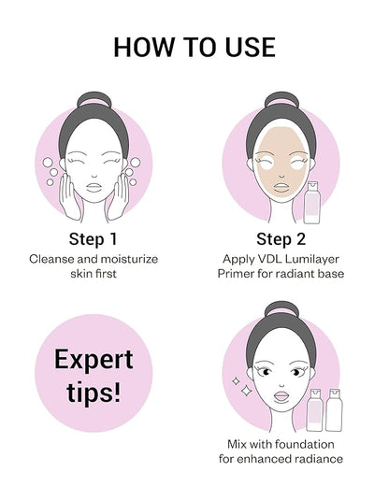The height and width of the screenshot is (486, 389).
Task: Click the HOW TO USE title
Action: coord(194,47)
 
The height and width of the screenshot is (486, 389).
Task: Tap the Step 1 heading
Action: coord(94,239)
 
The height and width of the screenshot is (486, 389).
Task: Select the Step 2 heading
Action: coord(281,239)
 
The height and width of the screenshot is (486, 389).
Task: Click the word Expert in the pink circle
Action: coord(94,360)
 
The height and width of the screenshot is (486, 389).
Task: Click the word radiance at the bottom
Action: coord(316,459)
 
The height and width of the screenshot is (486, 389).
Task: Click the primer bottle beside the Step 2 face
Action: coord(311,203)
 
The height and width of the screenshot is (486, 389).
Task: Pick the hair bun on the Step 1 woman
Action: coord(94,99)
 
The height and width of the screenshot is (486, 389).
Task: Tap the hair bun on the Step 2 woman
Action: coord(281,99)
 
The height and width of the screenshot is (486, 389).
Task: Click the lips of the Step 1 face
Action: coord(94,187)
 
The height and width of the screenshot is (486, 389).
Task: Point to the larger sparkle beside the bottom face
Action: coord(246,391)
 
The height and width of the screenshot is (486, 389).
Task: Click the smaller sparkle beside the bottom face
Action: coord(236,380)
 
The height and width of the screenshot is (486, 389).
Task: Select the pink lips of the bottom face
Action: coord(281,396)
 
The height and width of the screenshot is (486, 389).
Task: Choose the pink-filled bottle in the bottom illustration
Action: coord(314,410)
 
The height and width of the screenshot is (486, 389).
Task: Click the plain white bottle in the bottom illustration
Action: coord(334,410)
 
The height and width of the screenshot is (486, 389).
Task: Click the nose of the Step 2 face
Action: coord(281,177)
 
